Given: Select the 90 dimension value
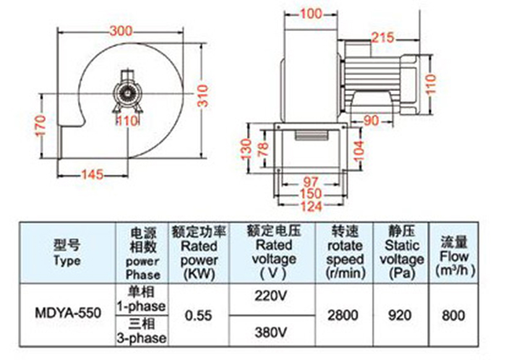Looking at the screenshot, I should [x=369, y=120].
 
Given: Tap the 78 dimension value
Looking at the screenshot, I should [x=264, y=148].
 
